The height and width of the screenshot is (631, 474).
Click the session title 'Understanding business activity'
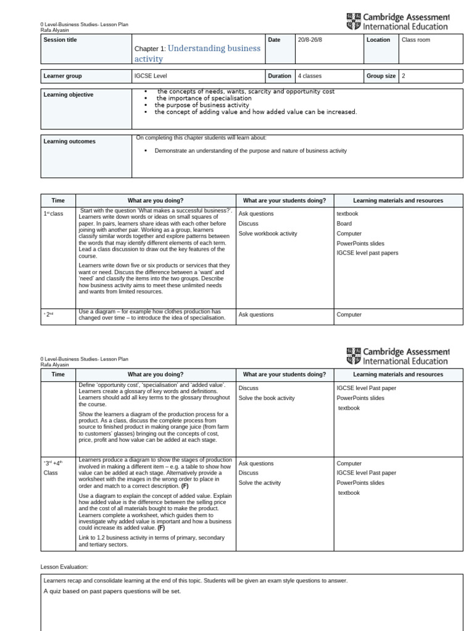pyautogui.click(x=197, y=54)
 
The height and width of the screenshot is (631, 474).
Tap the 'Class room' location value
pyautogui.click(x=416, y=40)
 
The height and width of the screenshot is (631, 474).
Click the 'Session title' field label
pyautogui.click(x=60, y=40)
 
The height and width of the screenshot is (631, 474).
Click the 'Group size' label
pyautogui.click(x=381, y=76)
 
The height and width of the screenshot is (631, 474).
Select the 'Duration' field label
pyautogui.click(x=280, y=76)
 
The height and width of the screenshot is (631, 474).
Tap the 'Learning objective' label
pyautogui.click(x=69, y=95)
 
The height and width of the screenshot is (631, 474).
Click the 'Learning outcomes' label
pyautogui.click(x=69, y=142)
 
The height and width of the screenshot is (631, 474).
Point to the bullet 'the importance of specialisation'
pyautogui.click(x=204, y=99)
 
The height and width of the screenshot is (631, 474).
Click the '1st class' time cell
pyautogui.click(x=53, y=214)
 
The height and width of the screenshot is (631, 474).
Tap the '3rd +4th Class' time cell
pyautogui.click(x=53, y=468)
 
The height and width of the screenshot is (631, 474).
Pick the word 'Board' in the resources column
pyautogui.click(x=344, y=224)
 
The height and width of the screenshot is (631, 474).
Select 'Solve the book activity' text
pyautogui.click(x=267, y=398)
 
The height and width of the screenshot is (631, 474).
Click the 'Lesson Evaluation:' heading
pyautogui.click(x=64, y=566)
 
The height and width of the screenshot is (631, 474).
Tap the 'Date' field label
pyautogui.click(x=274, y=40)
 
